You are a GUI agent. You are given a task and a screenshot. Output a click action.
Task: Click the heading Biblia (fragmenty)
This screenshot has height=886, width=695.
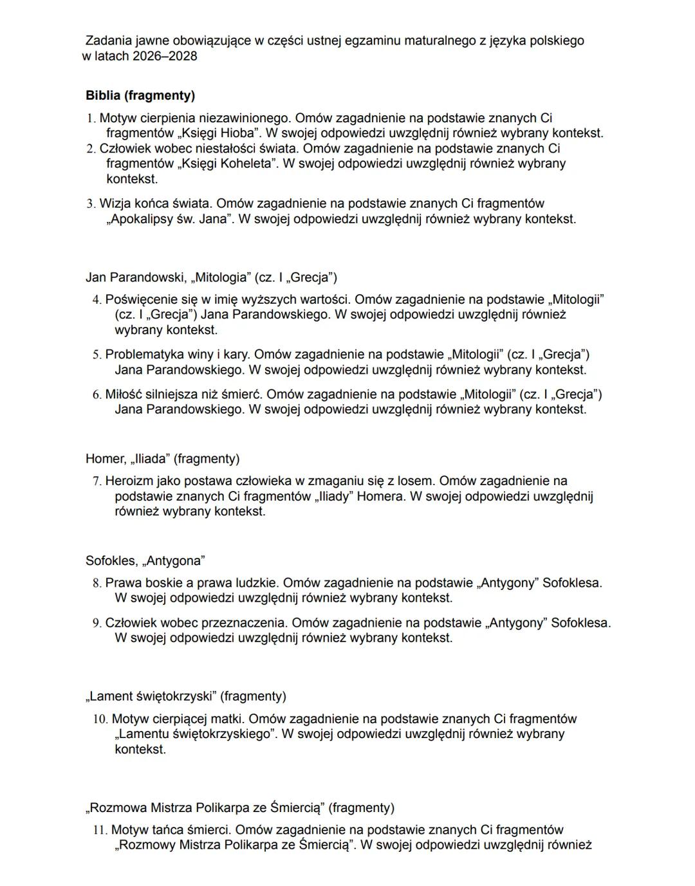point(140,96)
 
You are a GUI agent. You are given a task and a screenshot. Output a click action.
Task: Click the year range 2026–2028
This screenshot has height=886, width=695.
point(165,56)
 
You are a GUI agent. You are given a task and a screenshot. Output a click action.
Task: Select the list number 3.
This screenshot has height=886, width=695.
point(91,204)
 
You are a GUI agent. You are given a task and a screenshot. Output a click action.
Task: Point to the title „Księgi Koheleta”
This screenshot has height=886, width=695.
point(227,163)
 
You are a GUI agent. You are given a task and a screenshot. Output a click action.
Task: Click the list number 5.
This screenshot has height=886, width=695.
point(97,355)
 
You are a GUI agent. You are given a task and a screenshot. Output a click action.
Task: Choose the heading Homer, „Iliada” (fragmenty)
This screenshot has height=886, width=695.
point(162,459)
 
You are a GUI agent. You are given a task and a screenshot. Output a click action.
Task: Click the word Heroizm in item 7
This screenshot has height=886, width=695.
point(128,481)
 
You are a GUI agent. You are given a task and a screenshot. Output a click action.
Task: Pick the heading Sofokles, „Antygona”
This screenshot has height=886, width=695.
point(145,560)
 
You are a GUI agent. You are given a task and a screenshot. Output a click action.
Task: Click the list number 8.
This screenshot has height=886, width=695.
point(97,583)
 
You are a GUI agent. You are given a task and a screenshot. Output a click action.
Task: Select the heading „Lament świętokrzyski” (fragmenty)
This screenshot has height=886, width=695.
point(185,696)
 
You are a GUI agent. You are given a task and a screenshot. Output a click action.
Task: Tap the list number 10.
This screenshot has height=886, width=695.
point(99,719)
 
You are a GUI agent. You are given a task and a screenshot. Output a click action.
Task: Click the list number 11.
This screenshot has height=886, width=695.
point(99,830)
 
